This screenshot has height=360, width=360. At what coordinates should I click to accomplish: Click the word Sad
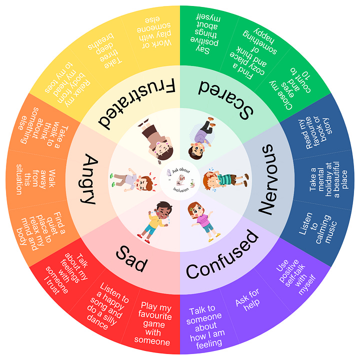point(132,257)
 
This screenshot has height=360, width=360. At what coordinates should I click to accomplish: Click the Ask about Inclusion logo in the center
point(180,179)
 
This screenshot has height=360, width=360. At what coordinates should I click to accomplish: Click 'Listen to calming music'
point(319,227)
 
